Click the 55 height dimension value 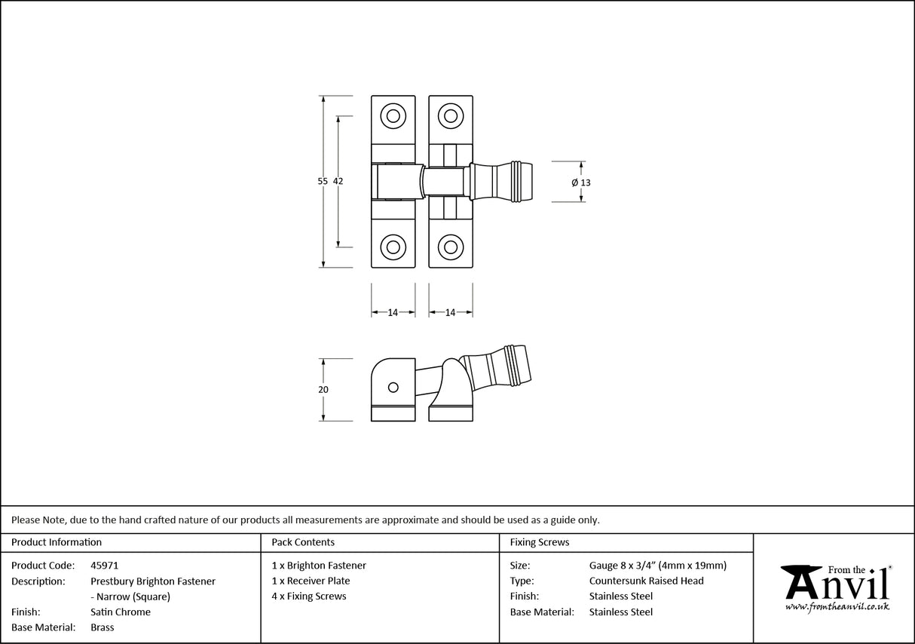click(x=323, y=181)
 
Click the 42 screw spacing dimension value click(x=338, y=181)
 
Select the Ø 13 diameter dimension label click(x=581, y=182)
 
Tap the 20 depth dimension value click(x=323, y=390)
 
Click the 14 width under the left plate click(x=393, y=312)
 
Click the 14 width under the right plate click(x=450, y=312)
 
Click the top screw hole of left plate click(x=393, y=116)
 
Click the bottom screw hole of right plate click(x=451, y=247)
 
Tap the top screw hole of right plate click(x=451, y=116)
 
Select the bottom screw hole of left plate click(x=393, y=247)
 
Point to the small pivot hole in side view click(x=392, y=387)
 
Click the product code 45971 click(x=104, y=566)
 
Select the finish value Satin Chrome click(x=121, y=612)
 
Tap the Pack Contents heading click(x=303, y=542)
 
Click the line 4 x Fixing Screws click(x=309, y=596)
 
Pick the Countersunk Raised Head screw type click(x=646, y=581)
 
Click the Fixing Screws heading click(x=540, y=542)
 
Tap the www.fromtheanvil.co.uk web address click(x=837, y=606)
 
